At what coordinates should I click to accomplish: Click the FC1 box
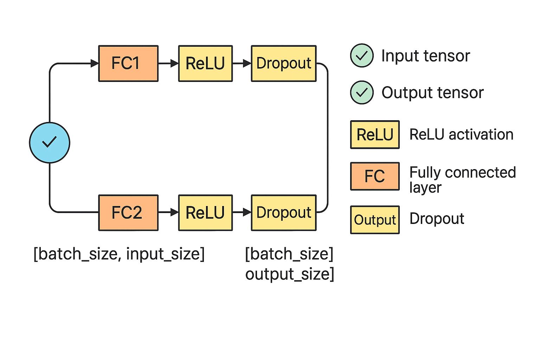coord(128,63)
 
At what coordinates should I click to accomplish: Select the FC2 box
coord(128,213)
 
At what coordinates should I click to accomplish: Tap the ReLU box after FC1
coord(205,63)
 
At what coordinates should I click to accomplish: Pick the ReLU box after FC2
coord(205,213)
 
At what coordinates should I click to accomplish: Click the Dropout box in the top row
coord(284,63)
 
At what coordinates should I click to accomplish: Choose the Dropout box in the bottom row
coord(284,213)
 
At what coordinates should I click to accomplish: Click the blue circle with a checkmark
coord(50,143)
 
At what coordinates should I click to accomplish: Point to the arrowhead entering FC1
coord(95,63)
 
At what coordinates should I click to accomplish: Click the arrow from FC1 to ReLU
coord(168,63)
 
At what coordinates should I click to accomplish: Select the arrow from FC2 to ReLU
coord(168,212)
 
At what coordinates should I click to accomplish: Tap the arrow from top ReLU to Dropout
coord(242,63)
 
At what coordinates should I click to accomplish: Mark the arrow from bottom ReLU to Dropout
coord(242,212)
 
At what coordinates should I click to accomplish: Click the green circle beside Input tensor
coord(362,56)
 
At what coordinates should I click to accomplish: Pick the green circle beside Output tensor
coord(362,92)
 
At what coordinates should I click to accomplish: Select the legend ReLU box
coord(375,135)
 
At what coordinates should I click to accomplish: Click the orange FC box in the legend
coord(375,176)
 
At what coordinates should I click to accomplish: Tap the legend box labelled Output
coord(375,220)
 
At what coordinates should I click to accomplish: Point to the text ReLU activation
coord(461,134)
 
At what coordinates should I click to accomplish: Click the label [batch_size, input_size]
coord(119,254)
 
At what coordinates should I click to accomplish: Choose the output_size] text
coord(290,274)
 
